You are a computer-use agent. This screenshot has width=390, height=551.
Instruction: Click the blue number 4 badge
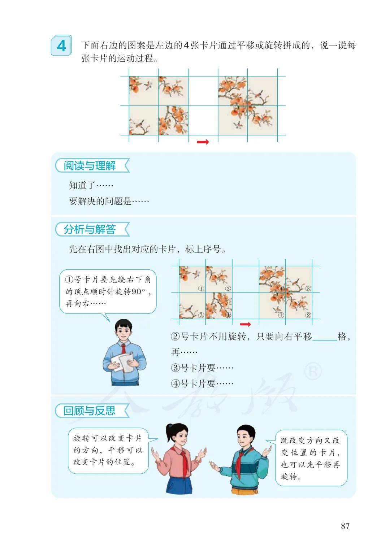click(x=61, y=45)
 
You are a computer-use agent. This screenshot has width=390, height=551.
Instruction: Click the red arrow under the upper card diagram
click(x=203, y=142)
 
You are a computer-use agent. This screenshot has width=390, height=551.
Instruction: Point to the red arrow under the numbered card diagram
click(x=245, y=324)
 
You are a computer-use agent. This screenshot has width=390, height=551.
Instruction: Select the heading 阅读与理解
click(x=90, y=165)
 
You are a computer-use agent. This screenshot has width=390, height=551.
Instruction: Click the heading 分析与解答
click(x=90, y=229)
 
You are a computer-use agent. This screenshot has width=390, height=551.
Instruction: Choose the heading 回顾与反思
click(x=89, y=411)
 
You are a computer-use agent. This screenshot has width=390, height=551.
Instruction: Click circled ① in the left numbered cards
click(x=201, y=288)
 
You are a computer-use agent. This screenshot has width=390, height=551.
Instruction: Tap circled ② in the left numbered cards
click(x=228, y=288)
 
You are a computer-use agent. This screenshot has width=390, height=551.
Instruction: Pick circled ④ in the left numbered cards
click(x=228, y=315)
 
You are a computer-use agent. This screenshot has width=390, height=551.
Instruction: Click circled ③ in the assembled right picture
click(x=308, y=288)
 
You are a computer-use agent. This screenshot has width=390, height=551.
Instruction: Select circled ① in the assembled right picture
click(x=281, y=315)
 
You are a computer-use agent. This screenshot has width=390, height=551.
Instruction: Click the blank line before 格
click(x=325, y=340)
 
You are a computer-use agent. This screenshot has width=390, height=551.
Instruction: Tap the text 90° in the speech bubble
click(x=138, y=292)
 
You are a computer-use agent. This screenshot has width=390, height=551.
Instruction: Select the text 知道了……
click(x=91, y=185)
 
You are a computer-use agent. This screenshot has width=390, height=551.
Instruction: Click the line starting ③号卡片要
click(x=202, y=368)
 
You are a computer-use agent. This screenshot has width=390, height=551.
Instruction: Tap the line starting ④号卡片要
click(x=202, y=383)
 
